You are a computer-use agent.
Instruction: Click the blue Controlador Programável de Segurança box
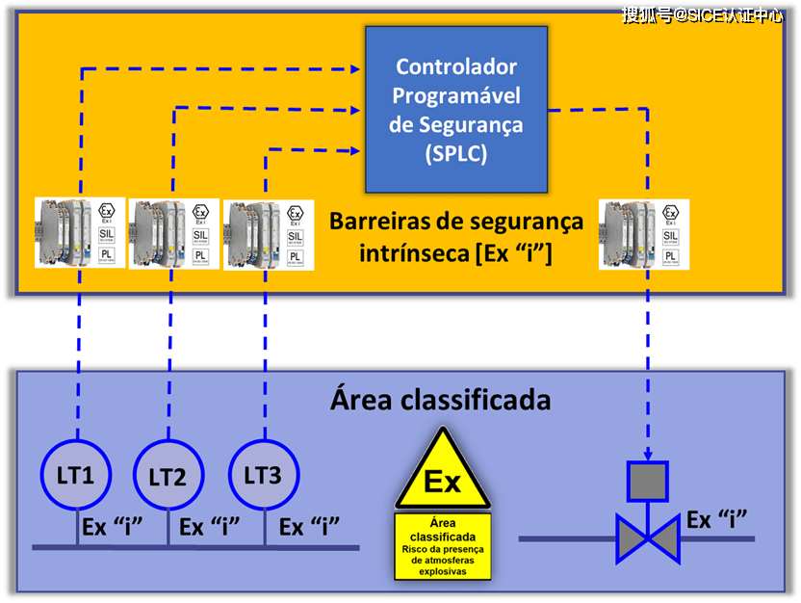pos(455,108)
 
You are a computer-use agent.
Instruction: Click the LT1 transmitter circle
pos(75,475)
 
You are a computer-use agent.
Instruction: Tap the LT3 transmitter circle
pos(262,475)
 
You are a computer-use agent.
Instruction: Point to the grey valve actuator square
pos(647,481)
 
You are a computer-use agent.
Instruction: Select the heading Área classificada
pos(440,398)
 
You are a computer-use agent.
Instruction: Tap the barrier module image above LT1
pos(80,232)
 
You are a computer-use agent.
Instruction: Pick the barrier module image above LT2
pos(173,232)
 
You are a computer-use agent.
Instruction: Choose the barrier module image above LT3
pos(267,232)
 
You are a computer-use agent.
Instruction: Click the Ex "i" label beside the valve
pos(717,520)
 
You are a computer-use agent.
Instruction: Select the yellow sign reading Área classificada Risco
pos(442,545)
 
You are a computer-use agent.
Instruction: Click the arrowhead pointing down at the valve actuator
pos(647,454)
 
